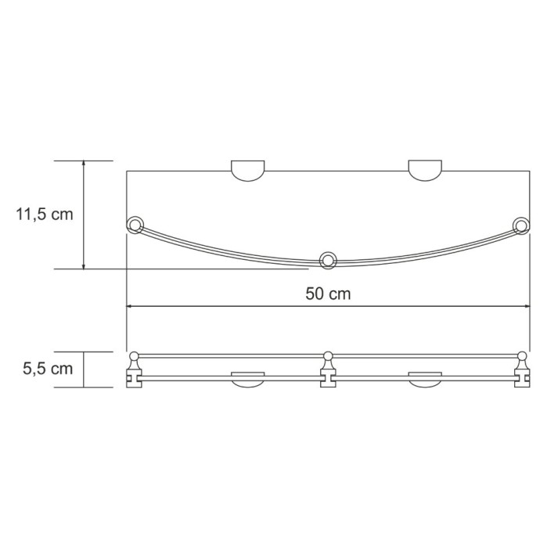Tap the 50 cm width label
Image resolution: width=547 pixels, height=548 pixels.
[x=327, y=294]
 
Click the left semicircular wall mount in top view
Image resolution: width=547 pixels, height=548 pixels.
[x=247, y=171]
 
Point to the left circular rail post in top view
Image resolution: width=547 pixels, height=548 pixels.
[x=135, y=226]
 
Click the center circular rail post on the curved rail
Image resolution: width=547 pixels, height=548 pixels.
[x=328, y=259]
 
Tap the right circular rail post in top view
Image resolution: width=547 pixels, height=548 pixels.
[x=520, y=226]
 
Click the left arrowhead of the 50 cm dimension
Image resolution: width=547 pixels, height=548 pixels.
[x=131, y=306]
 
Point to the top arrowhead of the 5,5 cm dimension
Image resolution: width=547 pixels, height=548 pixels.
[x=84, y=355]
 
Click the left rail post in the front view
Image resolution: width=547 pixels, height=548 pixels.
[x=133, y=369]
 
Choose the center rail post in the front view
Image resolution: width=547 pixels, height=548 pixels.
[x=329, y=369]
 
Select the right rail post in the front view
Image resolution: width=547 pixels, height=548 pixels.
[x=522, y=369]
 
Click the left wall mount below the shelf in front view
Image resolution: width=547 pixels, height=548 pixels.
[x=247, y=382]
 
